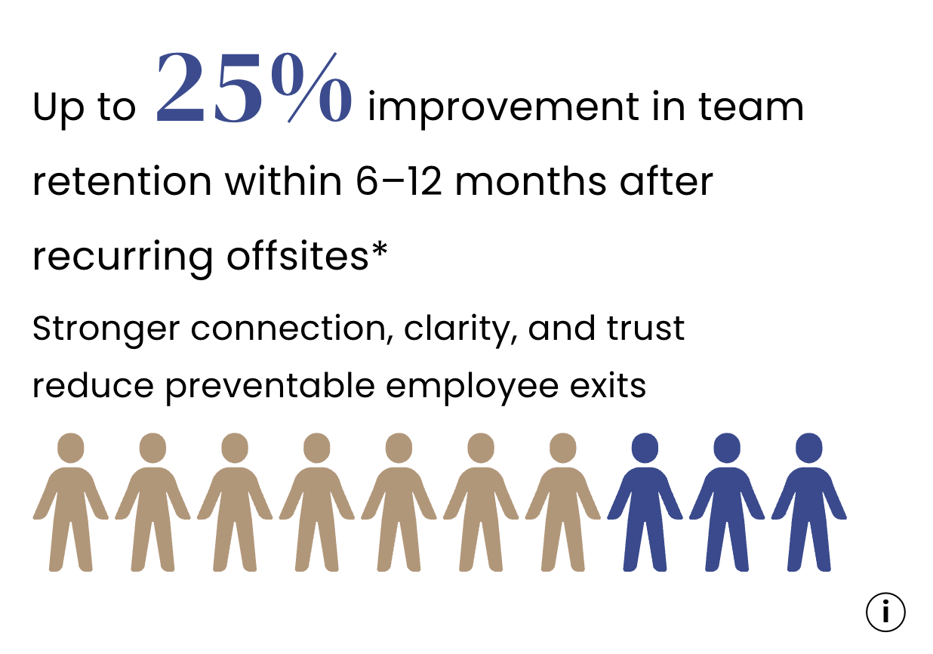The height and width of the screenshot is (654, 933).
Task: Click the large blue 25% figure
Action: click(x=254, y=88)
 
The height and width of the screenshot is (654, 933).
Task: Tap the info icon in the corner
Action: click(x=885, y=612)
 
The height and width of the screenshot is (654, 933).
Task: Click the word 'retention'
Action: click(x=122, y=181)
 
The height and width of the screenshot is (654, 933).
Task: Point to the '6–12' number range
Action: click(x=399, y=181)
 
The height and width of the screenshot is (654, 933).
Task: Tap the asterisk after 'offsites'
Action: click(x=380, y=249)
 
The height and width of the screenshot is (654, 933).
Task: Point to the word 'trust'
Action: click(x=645, y=329)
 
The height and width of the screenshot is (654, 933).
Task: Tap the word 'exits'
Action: click(x=608, y=386)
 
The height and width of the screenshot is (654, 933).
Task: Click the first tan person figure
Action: click(x=71, y=502)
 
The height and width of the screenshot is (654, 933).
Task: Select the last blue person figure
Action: click(x=809, y=502)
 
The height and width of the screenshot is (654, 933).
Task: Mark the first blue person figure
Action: click(x=645, y=502)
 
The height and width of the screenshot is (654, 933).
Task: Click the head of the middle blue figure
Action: click(x=727, y=448)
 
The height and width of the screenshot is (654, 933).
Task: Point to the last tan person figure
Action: click(x=562, y=502)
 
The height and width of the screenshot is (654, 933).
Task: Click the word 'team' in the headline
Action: click(x=751, y=107)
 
